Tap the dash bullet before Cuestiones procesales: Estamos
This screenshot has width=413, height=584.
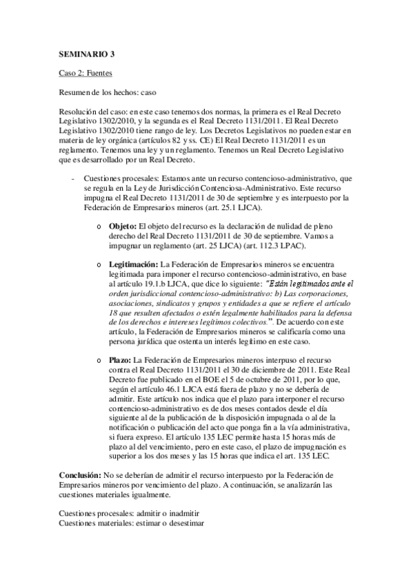[73, 179]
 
